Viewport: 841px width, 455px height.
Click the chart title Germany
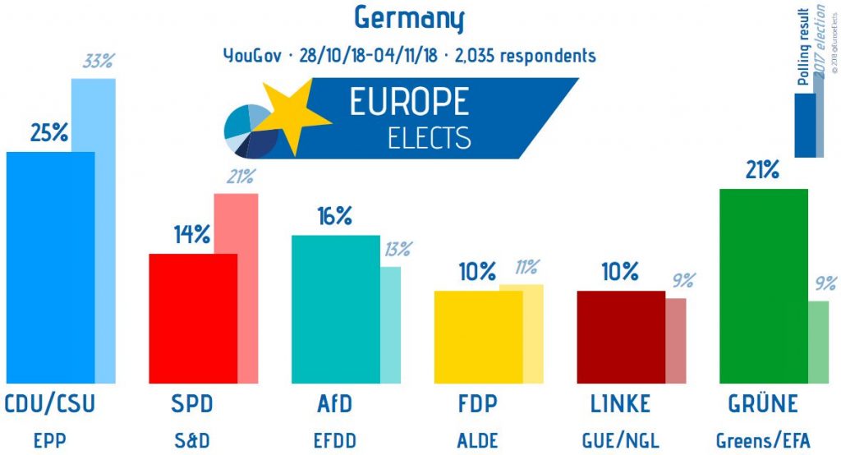pyautogui.click(x=409, y=17)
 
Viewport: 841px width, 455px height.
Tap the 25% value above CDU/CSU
pyautogui.click(x=49, y=132)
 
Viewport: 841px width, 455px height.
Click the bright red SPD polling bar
pyautogui.click(x=192, y=318)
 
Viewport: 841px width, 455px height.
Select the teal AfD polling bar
pyautogui.click(x=335, y=309)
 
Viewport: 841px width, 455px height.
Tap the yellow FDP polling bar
pyautogui.click(x=477, y=337)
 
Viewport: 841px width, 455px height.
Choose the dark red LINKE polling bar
pyautogui.click(x=620, y=337)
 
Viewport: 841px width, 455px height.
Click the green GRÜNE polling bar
pyautogui.click(x=763, y=286)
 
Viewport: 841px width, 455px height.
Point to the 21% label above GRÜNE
pyautogui.click(x=762, y=170)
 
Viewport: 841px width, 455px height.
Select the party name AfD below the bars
pyautogui.click(x=334, y=405)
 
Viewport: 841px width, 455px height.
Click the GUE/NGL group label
pyautogui.click(x=620, y=439)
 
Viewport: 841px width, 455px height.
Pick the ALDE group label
pyautogui.click(x=477, y=439)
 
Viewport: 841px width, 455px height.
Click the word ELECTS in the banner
pyautogui.click(x=430, y=137)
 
